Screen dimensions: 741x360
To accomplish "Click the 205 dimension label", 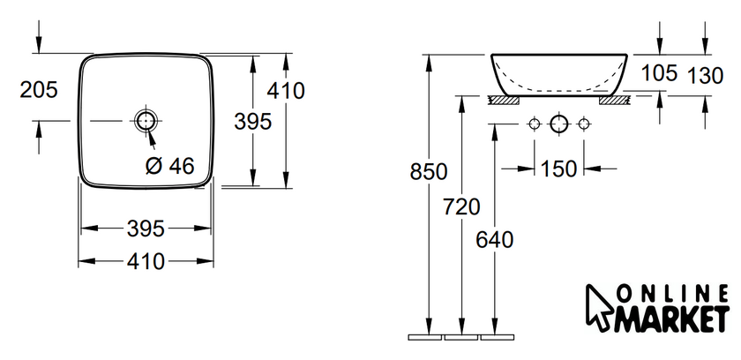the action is coord(39,90).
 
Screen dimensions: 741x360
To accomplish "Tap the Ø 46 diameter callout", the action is coord(169,166).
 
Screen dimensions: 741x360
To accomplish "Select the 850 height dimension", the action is coord(429,172).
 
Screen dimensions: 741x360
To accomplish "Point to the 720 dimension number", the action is coord(461,206).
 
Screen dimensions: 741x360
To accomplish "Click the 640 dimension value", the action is coord(494,241).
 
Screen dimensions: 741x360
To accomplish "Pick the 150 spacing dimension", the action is coord(558,169).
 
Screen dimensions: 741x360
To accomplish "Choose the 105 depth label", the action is coord(659,73).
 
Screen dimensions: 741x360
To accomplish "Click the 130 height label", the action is coord(705,76).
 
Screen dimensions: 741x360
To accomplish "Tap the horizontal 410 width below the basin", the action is coord(146,261).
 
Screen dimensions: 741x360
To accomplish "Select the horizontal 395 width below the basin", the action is coord(146,229).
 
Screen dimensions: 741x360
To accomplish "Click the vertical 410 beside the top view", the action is coord(286,91).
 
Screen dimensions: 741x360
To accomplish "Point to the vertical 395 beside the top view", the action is coord(253,122).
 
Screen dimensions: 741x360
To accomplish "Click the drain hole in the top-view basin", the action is coord(146,121).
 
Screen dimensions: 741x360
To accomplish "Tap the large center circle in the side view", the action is coord(558,124).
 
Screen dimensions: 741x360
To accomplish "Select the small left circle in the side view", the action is coord(534,124).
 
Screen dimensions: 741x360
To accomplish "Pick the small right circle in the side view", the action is coord(584,124).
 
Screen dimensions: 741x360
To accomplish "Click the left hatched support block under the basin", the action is coord(504,101).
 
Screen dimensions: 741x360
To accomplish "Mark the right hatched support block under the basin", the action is coord(614,101).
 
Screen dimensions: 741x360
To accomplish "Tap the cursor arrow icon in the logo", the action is coord(598,307).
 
